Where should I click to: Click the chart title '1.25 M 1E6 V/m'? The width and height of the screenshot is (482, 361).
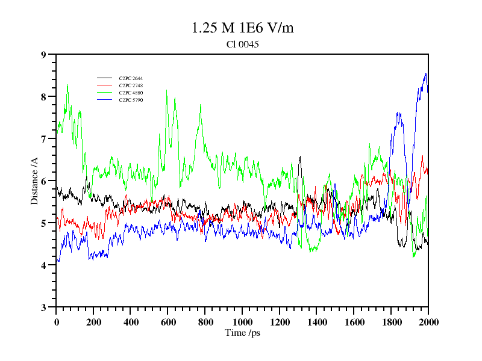242,28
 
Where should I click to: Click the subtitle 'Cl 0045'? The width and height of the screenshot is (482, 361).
242,44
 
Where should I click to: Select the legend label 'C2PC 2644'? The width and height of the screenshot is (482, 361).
131,78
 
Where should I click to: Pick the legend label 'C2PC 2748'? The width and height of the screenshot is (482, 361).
131,85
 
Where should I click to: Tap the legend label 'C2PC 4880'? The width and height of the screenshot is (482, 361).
131,93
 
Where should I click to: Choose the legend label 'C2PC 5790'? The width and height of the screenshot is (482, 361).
131,100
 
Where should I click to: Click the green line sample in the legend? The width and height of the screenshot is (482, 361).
105,93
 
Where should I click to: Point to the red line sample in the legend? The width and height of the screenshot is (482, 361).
105,85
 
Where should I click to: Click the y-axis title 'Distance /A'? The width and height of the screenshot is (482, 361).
34,180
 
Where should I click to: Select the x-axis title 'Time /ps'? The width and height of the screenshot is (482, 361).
242,333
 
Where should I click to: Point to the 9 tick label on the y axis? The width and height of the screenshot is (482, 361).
43,55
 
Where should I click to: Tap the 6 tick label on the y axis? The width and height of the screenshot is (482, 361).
43,181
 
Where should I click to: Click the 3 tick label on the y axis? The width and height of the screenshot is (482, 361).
43,307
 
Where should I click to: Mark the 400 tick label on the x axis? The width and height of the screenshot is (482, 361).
131,321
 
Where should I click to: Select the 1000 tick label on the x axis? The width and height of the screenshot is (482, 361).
242,321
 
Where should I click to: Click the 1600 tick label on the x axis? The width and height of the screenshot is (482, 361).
354,321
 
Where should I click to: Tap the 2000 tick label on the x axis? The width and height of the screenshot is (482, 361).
428,321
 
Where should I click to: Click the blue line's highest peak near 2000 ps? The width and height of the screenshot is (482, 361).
426,73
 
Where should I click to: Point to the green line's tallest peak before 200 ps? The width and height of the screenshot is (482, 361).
67,85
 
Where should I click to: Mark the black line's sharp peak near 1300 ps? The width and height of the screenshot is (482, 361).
300,156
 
